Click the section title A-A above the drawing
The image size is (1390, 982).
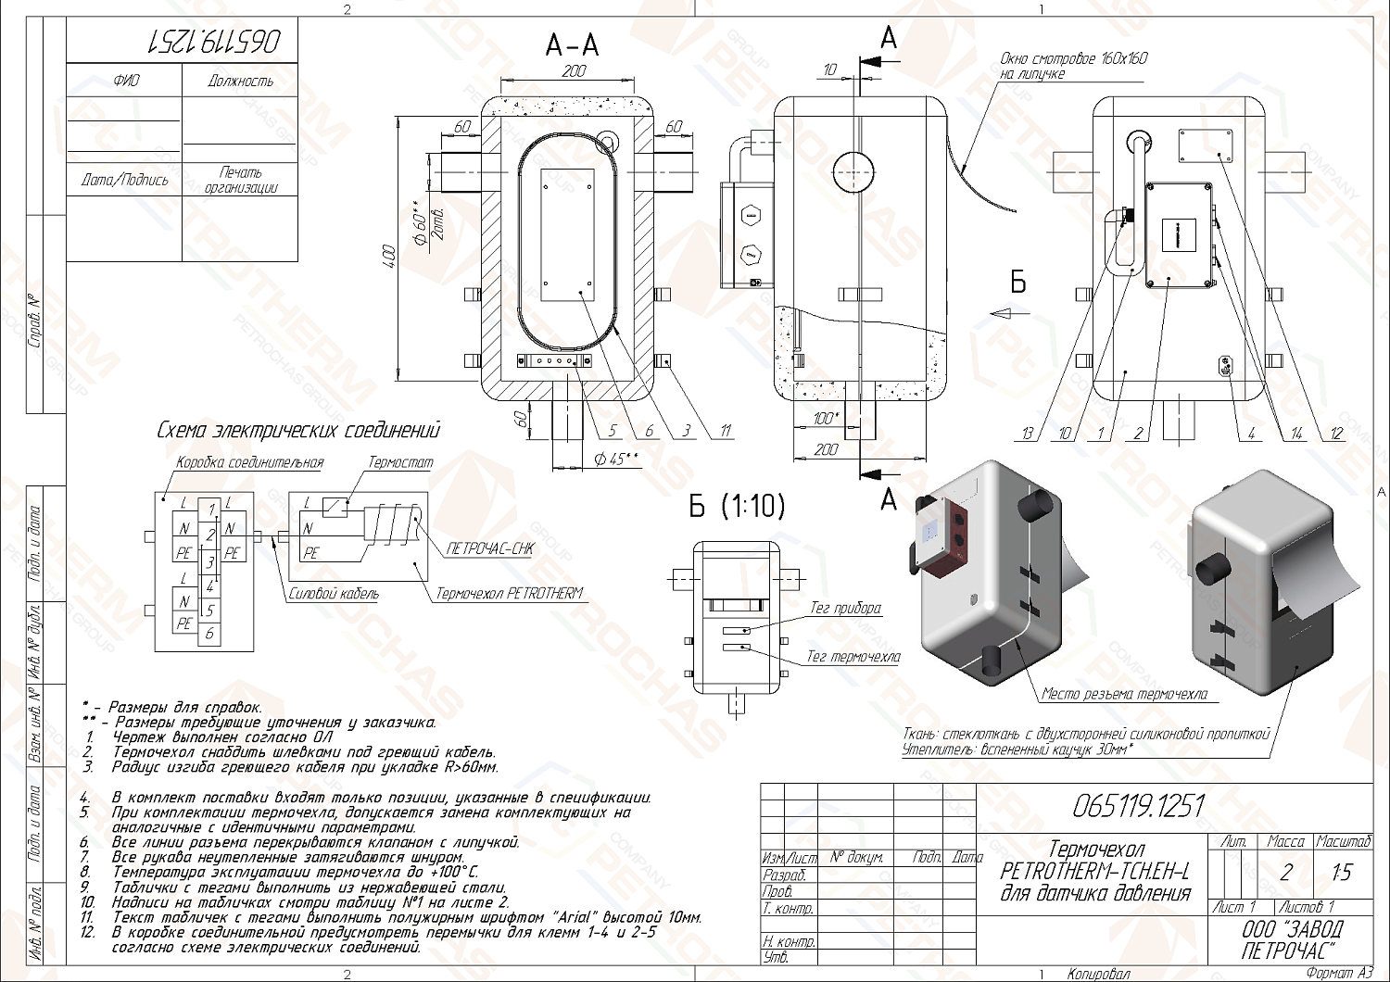click(x=572, y=45)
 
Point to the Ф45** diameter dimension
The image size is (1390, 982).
click(x=616, y=459)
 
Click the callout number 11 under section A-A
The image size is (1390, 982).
click(x=726, y=431)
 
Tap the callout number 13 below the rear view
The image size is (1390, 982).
click(x=1028, y=434)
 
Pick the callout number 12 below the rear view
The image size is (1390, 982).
click(x=1335, y=434)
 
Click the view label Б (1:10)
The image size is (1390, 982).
click(x=737, y=506)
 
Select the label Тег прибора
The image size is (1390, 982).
click(x=845, y=609)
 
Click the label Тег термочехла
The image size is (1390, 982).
click(x=853, y=657)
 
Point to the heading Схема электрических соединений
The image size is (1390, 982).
click(x=298, y=431)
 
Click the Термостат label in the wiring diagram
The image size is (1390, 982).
click(x=400, y=462)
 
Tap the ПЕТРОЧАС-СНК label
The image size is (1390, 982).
click(x=489, y=548)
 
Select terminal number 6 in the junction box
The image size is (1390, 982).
click(x=210, y=635)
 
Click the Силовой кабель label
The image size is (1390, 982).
click(x=334, y=594)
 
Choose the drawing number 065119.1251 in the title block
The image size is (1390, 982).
click(x=1138, y=807)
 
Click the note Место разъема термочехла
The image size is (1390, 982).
click(x=1124, y=694)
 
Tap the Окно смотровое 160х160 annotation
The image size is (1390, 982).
click(x=1073, y=66)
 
